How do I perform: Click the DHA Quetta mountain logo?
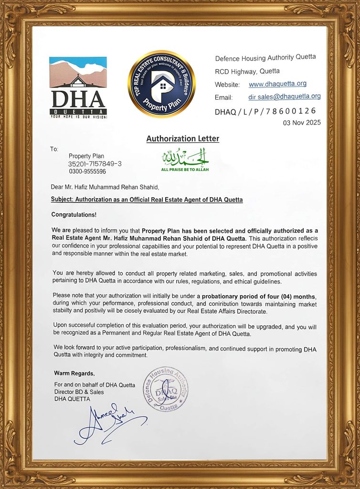click(78, 87)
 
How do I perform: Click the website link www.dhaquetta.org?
click(277, 84)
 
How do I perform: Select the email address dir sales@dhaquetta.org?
click(284, 96)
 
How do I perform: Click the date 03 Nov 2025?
click(302, 123)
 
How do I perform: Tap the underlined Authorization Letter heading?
click(182, 139)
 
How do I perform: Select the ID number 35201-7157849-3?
click(95, 164)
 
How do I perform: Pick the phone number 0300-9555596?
click(87, 171)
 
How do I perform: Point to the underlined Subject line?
click(147, 200)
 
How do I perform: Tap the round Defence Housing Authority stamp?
click(165, 389)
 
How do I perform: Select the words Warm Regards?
click(74, 373)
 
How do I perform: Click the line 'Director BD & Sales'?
click(79, 392)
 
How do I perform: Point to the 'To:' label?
click(54, 149)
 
